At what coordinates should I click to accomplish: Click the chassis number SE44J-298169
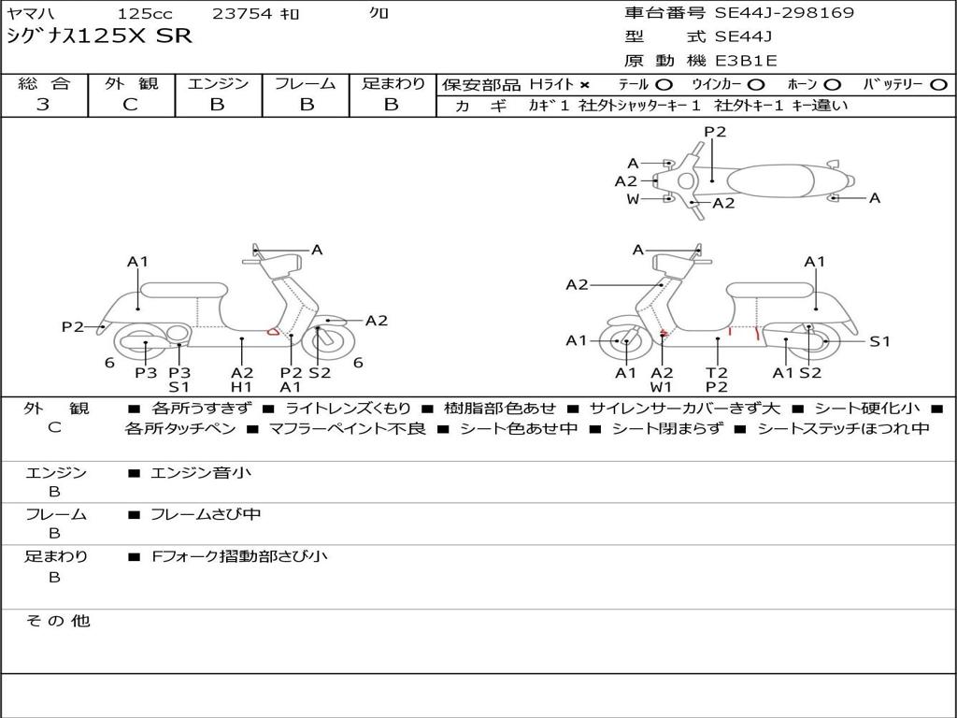[x=784, y=12]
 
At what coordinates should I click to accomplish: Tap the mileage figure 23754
[x=242, y=13]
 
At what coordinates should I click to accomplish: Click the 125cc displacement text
[x=145, y=13]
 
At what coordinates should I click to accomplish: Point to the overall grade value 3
[x=43, y=104]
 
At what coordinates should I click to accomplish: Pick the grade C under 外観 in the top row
[x=131, y=104]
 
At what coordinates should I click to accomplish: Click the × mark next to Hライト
[x=585, y=85]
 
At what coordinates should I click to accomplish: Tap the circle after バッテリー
[x=938, y=85]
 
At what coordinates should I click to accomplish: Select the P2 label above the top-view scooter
[x=715, y=131]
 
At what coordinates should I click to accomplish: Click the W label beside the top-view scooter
[x=633, y=199]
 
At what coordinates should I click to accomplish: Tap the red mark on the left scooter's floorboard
[x=273, y=332]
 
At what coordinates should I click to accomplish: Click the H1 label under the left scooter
[x=242, y=386]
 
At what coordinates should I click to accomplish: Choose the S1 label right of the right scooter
[x=879, y=341]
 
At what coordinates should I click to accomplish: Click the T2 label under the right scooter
[x=717, y=372]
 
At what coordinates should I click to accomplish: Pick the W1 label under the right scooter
[x=661, y=386]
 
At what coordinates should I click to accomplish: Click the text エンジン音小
[x=201, y=472]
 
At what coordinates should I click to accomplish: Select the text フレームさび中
[x=206, y=514]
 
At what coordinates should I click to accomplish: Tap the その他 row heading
[x=57, y=621]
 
